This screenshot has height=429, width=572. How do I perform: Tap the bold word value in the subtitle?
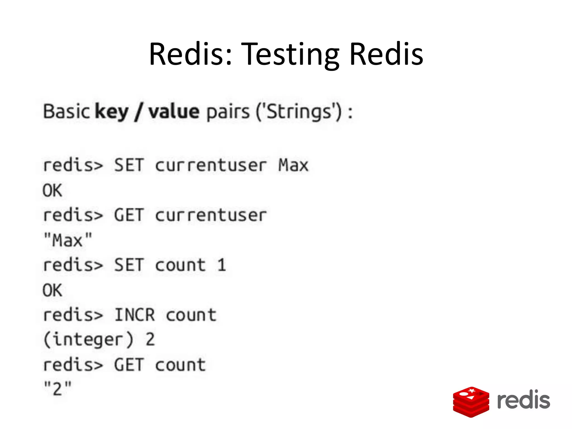[174, 112]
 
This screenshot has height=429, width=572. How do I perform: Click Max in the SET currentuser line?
[293, 165]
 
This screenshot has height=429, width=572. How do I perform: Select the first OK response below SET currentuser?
[52, 191]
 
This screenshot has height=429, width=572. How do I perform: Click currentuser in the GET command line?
[211, 215]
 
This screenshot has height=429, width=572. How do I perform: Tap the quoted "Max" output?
[68, 240]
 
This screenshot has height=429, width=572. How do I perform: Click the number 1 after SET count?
[221, 265]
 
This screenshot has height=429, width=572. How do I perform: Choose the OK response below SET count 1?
[52, 290]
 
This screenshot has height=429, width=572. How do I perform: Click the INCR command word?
[134, 315]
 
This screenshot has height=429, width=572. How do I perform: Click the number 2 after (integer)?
[150, 340]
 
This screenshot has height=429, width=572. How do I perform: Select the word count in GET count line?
[180, 365]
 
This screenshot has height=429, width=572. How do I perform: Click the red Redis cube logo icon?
[471, 402]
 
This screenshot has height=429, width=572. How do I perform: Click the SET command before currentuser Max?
[129, 165]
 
